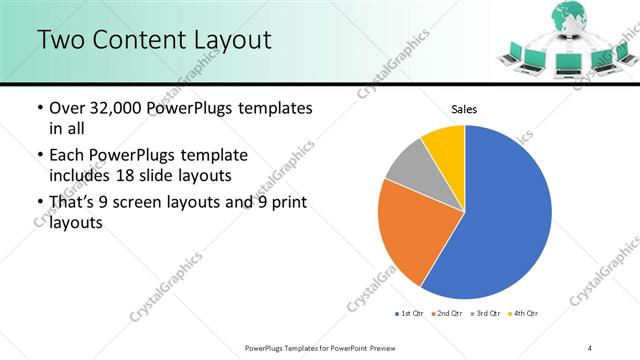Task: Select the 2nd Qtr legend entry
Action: coord(446,314)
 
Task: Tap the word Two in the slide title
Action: coord(62,41)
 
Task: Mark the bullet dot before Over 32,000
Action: coord(38,108)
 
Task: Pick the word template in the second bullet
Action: coord(212,156)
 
